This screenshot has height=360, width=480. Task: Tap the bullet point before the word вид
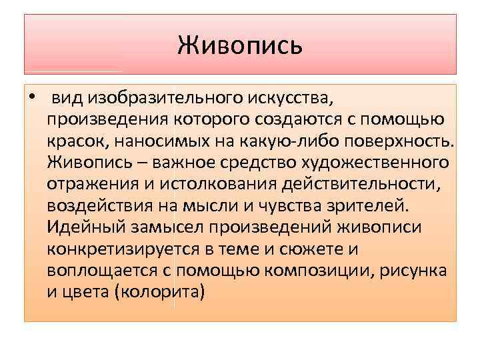tap(31, 99)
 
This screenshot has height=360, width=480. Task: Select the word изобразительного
tap(153, 100)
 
